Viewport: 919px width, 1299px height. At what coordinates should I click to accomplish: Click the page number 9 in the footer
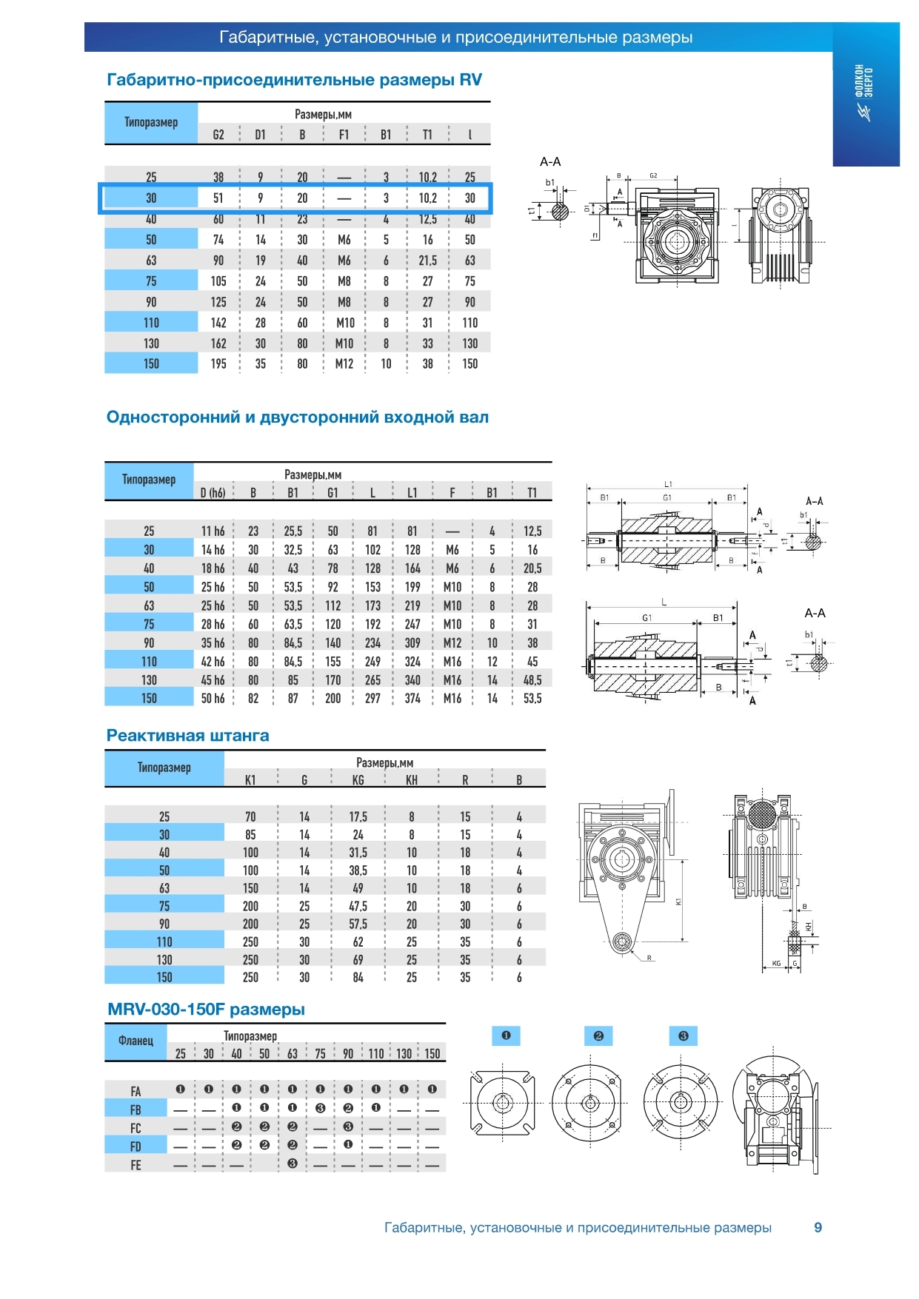click(x=818, y=1227)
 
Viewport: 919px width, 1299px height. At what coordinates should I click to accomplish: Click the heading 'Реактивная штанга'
click(x=187, y=736)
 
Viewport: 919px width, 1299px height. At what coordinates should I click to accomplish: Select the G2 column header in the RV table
click(x=218, y=135)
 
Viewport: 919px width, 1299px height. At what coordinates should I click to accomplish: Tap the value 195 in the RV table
click(x=218, y=364)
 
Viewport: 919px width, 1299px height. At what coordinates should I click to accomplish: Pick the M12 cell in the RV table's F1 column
click(x=344, y=364)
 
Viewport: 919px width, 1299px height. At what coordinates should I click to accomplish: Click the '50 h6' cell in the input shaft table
click(x=213, y=699)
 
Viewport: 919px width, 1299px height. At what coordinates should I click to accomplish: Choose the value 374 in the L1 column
click(x=412, y=699)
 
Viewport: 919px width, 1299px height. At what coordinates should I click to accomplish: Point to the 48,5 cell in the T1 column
click(x=532, y=680)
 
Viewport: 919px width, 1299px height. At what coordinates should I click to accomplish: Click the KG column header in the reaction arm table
click(x=358, y=780)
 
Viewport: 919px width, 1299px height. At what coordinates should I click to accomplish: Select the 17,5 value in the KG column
click(x=358, y=817)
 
